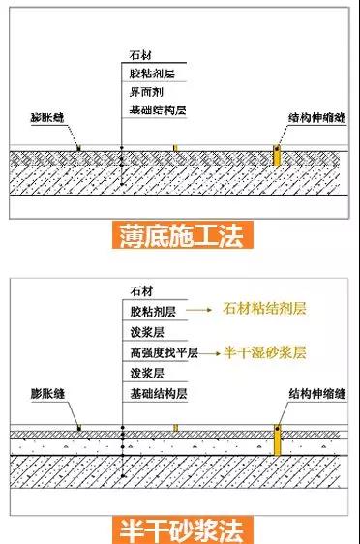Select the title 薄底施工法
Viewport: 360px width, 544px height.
click(179, 235)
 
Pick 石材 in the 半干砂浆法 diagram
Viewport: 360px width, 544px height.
click(142, 289)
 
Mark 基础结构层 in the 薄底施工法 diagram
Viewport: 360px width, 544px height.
click(157, 111)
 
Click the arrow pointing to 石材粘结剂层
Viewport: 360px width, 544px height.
click(199, 310)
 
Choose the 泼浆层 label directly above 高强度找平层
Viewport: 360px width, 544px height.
click(146, 330)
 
